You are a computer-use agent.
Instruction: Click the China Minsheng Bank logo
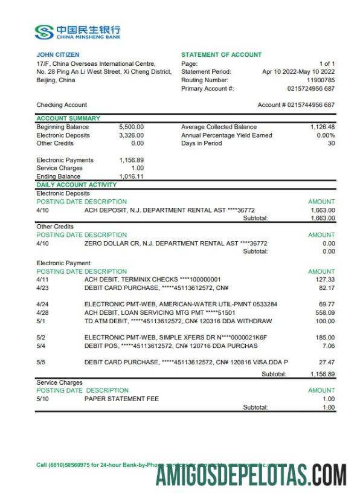pos(77,32)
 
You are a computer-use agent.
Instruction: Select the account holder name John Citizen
pos(57,55)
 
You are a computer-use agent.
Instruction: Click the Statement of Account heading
pos(221,55)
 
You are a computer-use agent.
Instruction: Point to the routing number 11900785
pos(321,80)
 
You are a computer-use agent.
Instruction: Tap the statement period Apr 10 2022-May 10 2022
pos(298,72)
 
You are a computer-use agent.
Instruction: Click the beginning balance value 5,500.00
pos(131,127)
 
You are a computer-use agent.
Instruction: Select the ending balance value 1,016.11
pos(131,176)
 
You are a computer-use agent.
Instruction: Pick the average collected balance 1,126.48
pos(323,127)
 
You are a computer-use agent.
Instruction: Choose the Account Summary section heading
pos(68,118)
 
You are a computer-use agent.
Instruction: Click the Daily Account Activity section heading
pos(77,185)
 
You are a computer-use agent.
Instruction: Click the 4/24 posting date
pos(42,304)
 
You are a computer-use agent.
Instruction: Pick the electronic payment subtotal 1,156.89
pos(322,375)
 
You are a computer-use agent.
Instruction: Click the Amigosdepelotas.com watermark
pos(251,475)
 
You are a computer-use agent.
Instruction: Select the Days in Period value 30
pos(330,144)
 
